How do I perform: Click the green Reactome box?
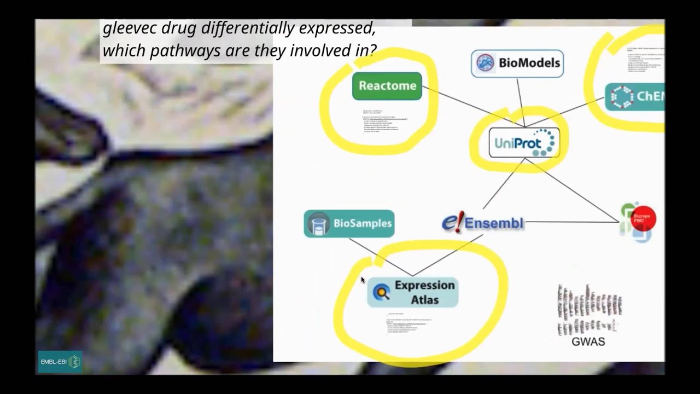tap(387, 86)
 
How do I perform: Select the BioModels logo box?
tap(517, 63)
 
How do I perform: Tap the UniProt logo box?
tap(524, 143)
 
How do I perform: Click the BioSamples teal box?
tap(349, 223)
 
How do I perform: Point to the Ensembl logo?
tap(483, 223)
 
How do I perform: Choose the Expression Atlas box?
tap(413, 292)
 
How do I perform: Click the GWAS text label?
tap(588, 341)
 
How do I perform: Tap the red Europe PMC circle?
tap(643, 218)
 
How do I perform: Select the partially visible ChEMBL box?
tap(635, 97)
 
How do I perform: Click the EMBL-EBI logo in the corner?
tap(60, 362)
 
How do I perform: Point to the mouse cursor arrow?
tap(363, 280)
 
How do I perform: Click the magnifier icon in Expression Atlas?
tap(382, 292)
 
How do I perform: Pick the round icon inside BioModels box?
tap(485, 63)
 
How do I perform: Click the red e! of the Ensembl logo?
tap(452, 223)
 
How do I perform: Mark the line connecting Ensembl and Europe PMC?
tap(571, 222)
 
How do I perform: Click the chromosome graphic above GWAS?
tap(588, 309)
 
